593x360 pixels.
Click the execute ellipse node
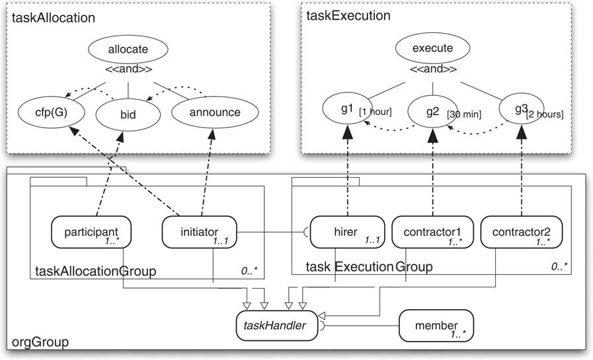(x=432, y=49)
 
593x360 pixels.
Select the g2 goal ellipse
(x=432, y=111)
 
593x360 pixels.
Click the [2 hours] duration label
(x=545, y=115)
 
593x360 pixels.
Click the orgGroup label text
(x=40, y=343)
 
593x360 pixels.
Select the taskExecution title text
(x=348, y=15)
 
